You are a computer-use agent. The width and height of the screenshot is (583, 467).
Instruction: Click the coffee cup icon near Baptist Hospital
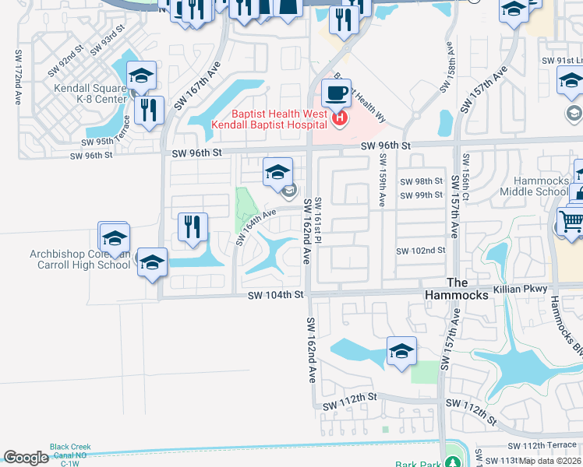tap(336, 93)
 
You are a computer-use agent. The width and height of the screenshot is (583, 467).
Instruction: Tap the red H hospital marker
tap(340, 118)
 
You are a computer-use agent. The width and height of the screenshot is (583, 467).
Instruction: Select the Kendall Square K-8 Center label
tap(90, 93)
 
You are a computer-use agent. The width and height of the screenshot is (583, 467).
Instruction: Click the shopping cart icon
tap(571, 222)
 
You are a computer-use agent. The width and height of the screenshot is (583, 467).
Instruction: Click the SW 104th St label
tap(275, 295)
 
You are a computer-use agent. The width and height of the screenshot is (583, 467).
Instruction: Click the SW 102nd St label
tap(420, 251)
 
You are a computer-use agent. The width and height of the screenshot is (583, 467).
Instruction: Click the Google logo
tap(26, 458)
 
